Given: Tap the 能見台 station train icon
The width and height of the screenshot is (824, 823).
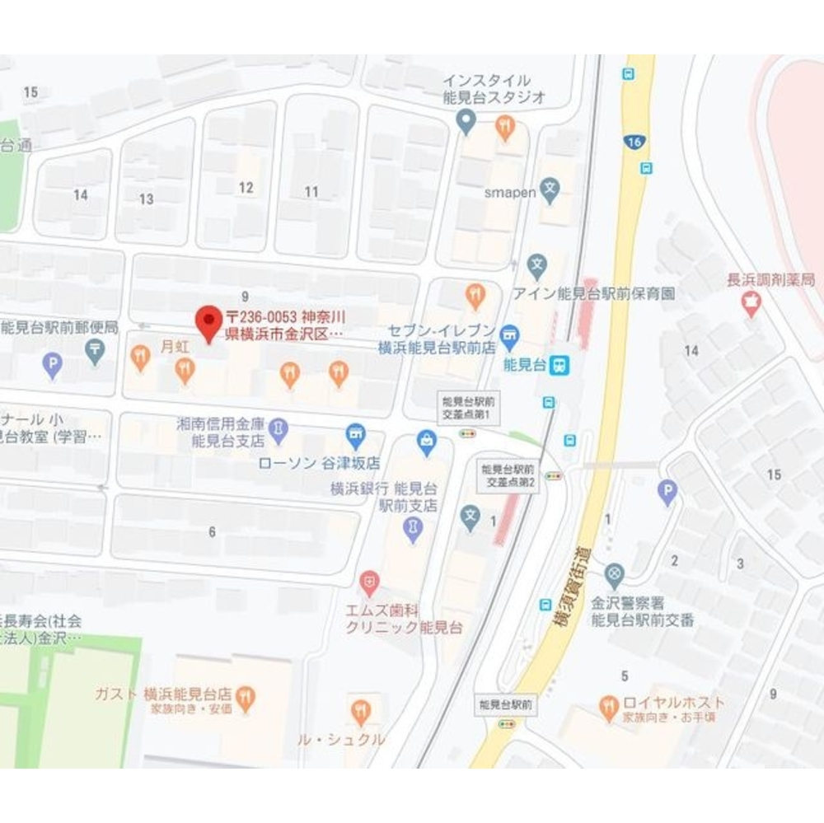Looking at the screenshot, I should coord(561,363).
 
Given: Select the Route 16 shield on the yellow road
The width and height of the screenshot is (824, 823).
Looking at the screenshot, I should coord(633,143).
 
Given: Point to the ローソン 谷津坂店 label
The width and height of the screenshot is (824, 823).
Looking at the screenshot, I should coord(319,463).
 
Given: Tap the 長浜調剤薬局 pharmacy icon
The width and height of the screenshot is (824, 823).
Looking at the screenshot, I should coord(751,306).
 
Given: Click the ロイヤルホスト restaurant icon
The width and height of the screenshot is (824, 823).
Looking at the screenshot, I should coord(609,705).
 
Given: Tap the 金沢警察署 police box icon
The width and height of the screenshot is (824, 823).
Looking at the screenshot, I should coord(614,573).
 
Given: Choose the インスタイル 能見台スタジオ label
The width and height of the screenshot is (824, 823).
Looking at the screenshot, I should coord(494,88).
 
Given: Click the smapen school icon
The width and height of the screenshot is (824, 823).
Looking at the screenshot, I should coord(550,193).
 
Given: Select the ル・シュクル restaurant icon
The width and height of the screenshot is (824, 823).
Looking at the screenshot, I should coord(360,710).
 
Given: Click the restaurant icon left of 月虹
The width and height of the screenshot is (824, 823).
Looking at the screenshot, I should coord(140,357).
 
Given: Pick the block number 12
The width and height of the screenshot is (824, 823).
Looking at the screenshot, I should coord(246,187).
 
